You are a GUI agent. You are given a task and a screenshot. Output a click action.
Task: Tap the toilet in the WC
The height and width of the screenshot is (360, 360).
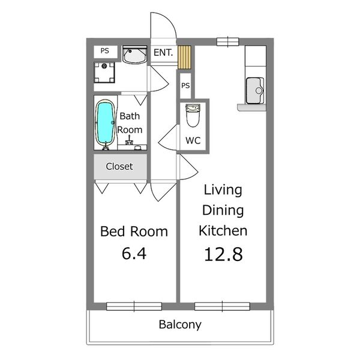pos(193,115)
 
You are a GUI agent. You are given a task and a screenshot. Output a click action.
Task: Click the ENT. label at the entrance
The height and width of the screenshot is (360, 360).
pos(163,53)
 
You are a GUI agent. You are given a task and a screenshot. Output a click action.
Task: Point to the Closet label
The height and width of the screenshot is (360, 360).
pos(119,166)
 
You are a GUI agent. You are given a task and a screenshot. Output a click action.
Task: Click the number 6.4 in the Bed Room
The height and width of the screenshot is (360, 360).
pos(134,253)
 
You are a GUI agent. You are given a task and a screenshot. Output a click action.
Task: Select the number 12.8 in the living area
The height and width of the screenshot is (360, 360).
pos(223,254)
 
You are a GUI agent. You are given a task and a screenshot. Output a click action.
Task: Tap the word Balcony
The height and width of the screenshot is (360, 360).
pos(180,325)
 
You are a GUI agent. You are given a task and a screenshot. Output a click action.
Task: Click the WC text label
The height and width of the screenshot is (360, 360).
pos(193,140)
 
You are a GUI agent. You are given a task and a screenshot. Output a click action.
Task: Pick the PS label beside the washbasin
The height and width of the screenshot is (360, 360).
pos(105,51)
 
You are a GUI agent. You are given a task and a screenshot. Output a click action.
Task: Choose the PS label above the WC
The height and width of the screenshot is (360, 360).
pos(185,86)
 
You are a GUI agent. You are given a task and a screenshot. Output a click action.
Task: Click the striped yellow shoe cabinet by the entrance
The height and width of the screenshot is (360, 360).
pos(184,57)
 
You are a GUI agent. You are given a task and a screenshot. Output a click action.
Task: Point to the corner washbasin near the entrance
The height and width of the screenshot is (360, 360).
pos(135,55)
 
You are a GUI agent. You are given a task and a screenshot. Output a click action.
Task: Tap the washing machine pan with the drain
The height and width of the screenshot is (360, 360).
pos(104,73)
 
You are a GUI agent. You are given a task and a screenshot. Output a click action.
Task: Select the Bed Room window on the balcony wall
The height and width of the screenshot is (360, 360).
pos(134,307)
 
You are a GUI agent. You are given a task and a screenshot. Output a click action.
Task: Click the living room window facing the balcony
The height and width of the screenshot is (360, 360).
pos(222,307)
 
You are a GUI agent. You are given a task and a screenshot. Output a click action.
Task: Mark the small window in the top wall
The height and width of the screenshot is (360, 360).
pos(228,42)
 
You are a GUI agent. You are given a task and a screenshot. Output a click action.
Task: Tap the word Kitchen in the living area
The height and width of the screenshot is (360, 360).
pos(223,231)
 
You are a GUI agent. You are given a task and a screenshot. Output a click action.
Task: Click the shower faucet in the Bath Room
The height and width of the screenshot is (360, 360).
pos(129,140)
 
